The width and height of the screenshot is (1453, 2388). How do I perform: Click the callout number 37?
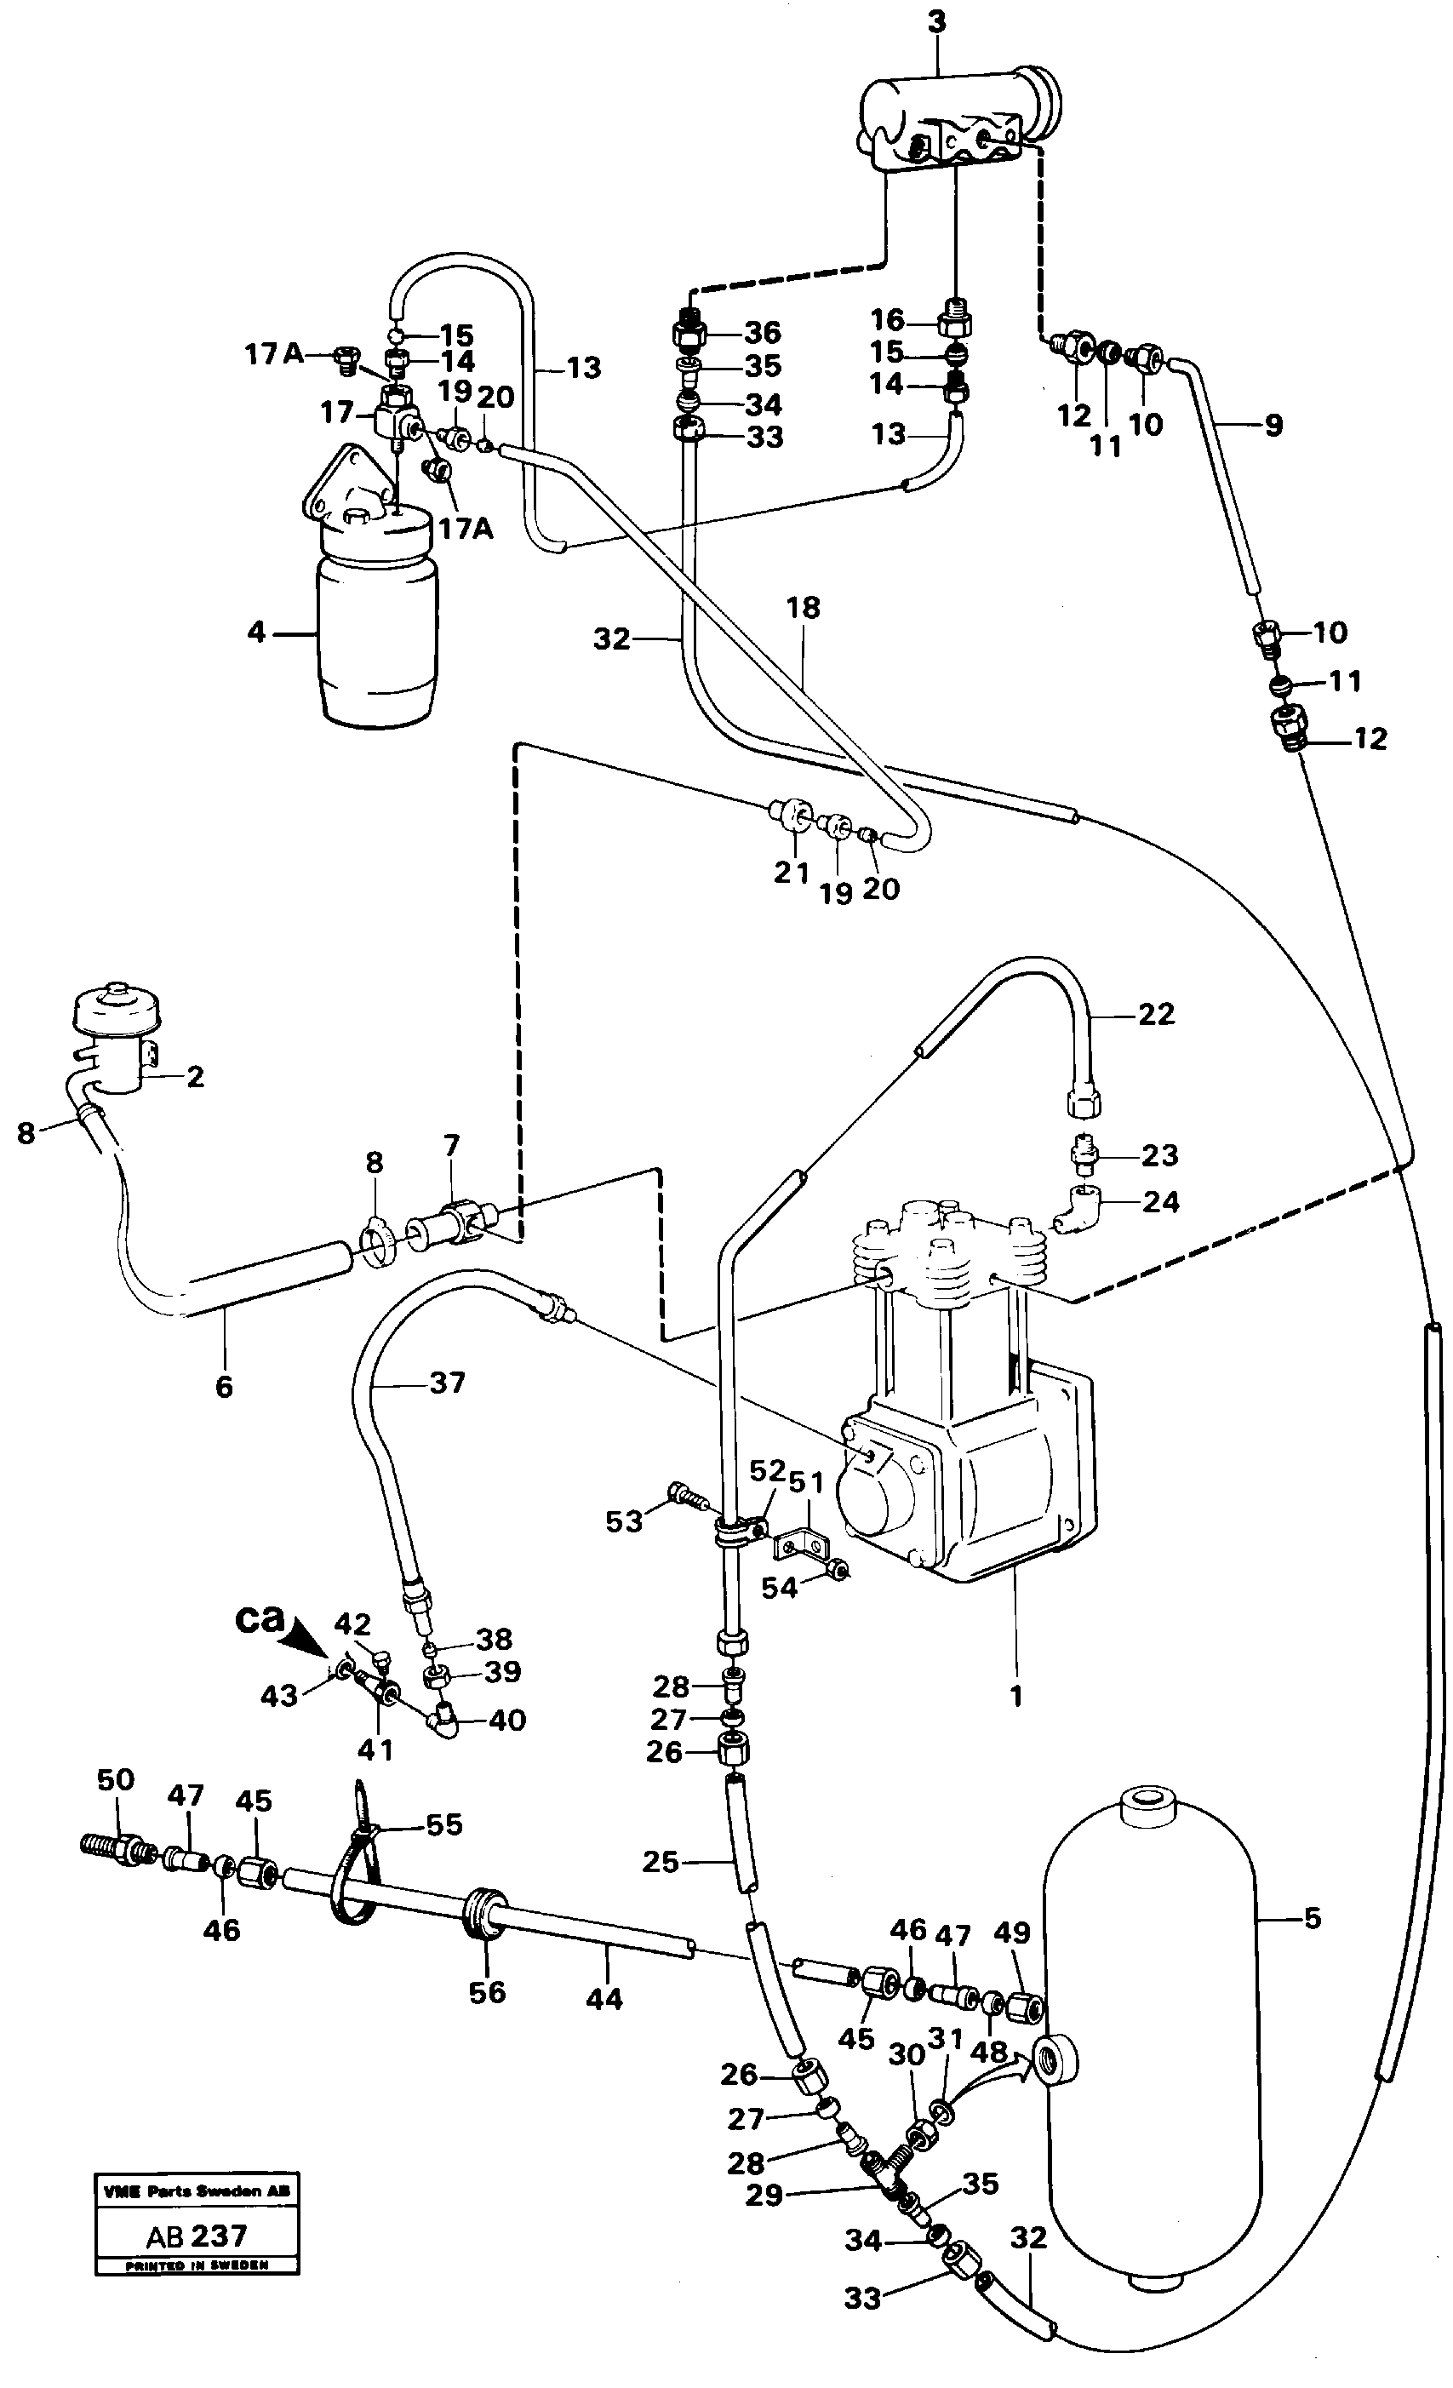(447, 1383)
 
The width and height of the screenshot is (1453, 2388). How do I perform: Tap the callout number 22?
(1155, 1015)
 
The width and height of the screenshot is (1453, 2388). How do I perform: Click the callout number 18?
(804, 608)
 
